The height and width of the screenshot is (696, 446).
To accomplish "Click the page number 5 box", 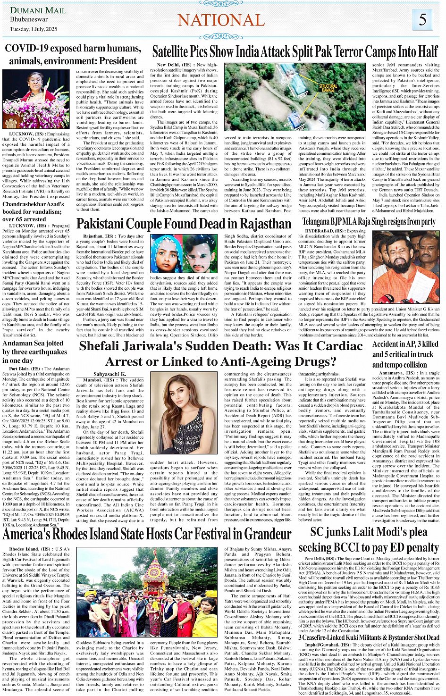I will pyautogui.click(x=422, y=20).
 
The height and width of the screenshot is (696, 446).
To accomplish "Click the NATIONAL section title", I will pyautogui.click(x=221, y=20).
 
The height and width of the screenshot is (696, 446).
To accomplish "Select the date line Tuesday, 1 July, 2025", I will pyautogui.click(x=34, y=29).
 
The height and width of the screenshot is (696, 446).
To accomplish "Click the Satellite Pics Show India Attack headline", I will pyautogui.click(x=295, y=52).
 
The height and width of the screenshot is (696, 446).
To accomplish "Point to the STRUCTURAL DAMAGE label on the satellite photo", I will pyautogui.click(x=328, y=88).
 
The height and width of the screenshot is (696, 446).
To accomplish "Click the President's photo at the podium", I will pyautogui.click(x=36, y=100).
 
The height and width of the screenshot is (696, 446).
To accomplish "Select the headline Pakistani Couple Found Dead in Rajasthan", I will pyautogui.click(x=184, y=224).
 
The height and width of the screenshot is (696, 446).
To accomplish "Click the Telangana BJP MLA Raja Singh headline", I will pyautogui.click(x=369, y=221).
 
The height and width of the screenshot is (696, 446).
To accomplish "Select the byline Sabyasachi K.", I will pyautogui.click(x=109, y=374).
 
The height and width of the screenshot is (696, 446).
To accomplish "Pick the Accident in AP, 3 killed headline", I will pyautogui.click(x=405, y=354).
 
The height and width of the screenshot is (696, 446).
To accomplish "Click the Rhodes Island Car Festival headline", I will pyautogui.click(x=147, y=535).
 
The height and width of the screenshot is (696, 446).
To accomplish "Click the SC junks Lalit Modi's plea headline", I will pyautogui.click(x=375, y=540).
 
